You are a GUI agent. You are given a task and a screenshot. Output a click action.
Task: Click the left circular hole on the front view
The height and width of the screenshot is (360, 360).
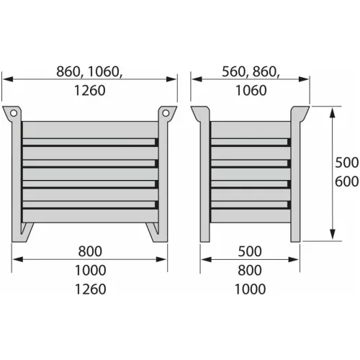14,113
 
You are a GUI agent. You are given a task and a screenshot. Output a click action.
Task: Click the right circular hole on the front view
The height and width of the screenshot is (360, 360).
166,113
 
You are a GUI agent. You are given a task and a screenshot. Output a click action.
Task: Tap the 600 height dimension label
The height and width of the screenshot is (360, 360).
346,181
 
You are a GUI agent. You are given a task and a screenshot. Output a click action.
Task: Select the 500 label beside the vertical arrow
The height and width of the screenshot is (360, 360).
346,162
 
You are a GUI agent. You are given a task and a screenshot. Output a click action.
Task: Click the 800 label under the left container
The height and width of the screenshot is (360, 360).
90,251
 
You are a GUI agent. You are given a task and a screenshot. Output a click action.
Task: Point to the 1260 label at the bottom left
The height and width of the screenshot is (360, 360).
90,289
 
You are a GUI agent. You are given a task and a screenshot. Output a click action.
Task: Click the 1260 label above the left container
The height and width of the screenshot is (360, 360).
89,91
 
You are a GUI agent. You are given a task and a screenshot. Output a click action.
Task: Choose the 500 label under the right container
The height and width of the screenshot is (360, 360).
250,251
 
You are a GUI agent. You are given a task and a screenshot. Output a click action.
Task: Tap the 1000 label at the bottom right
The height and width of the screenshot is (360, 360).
250,289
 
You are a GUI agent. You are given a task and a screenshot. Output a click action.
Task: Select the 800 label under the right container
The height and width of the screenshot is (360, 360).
250,270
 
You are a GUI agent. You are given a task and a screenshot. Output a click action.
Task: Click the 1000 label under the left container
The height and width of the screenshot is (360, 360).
90,270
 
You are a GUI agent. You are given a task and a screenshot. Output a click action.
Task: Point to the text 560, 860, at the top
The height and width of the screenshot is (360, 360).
251,72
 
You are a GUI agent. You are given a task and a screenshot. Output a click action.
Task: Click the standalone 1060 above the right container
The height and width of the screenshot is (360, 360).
251,91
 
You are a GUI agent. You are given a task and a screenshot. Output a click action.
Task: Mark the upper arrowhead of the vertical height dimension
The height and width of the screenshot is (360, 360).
333,113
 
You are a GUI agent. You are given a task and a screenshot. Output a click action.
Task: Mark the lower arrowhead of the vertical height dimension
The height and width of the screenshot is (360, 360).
333,235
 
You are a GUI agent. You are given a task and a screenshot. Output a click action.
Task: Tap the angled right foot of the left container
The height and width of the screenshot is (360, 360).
153,233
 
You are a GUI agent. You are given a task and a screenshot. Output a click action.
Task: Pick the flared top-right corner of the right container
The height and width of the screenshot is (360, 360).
300,113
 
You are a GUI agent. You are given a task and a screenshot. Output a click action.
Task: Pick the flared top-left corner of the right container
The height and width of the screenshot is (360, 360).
200,113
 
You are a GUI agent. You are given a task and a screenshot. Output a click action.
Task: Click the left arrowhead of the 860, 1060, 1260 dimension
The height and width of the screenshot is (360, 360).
8,79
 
